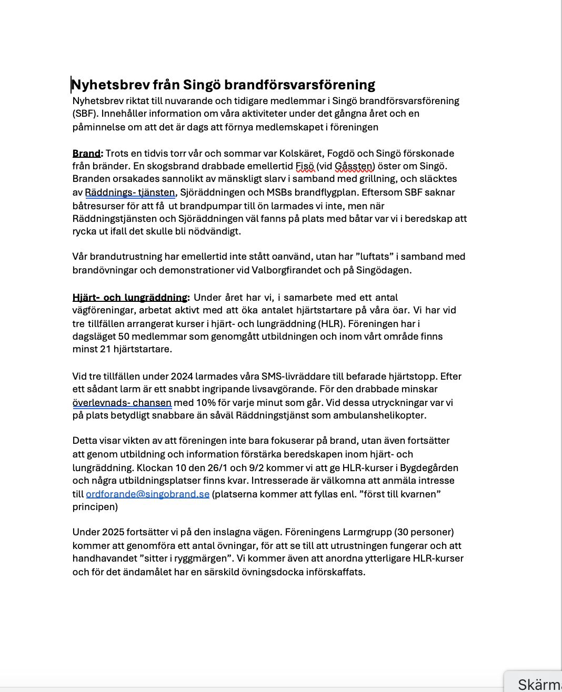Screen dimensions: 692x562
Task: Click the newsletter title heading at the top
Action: (223, 85)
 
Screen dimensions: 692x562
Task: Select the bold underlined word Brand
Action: (86, 154)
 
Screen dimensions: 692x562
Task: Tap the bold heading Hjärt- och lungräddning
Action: (130, 298)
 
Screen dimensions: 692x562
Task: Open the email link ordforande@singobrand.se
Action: (147, 494)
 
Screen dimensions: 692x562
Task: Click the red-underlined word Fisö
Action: (305, 166)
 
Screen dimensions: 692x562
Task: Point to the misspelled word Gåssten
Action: (355, 166)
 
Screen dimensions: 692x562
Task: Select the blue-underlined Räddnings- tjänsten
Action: (130, 192)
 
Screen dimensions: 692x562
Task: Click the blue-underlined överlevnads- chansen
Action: (122, 403)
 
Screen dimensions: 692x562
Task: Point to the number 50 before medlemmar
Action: (124, 337)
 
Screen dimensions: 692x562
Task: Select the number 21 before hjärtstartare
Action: (105, 349)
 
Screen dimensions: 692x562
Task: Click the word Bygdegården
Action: (429, 468)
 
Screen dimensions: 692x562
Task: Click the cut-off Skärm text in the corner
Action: (539, 684)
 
